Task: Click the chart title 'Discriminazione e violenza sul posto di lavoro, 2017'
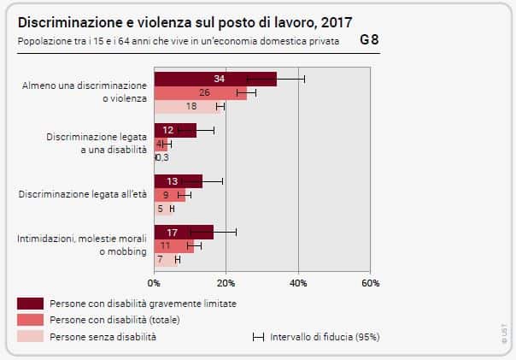pyautogui.click(x=184, y=21)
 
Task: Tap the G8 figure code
pyautogui.click(x=370, y=40)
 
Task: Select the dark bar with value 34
pyautogui.click(x=215, y=80)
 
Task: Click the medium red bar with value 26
pyautogui.click(x=200, y=93)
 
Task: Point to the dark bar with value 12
pyautogui.click(x=175, y=130)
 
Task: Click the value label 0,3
pyautogui.click(x=162, y=157)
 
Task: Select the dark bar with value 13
pyautogui.click(x=178, y=180)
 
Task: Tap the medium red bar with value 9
pyautogui.click(x=169, y=194)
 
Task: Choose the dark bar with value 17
pyautogui.click(x=184, y=232)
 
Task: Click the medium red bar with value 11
pyautogui.click(x=173, y=245)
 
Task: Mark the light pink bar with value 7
pyautogui.click(x=166, y=259)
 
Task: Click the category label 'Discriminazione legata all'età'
pyautogui.click(x=82, y=194)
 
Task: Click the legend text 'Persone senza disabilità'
pyautogui.click(x=103, y=337)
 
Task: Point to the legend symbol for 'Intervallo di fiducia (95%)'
pyautogui.click(x=257, y=337)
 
